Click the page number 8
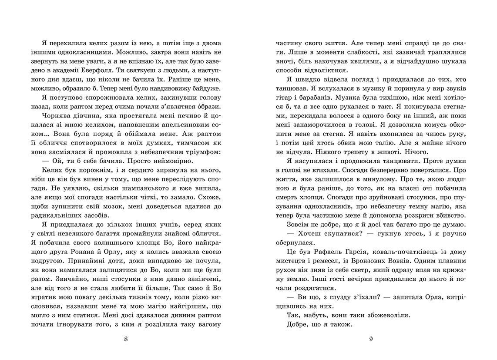click(x=126, y=339)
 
